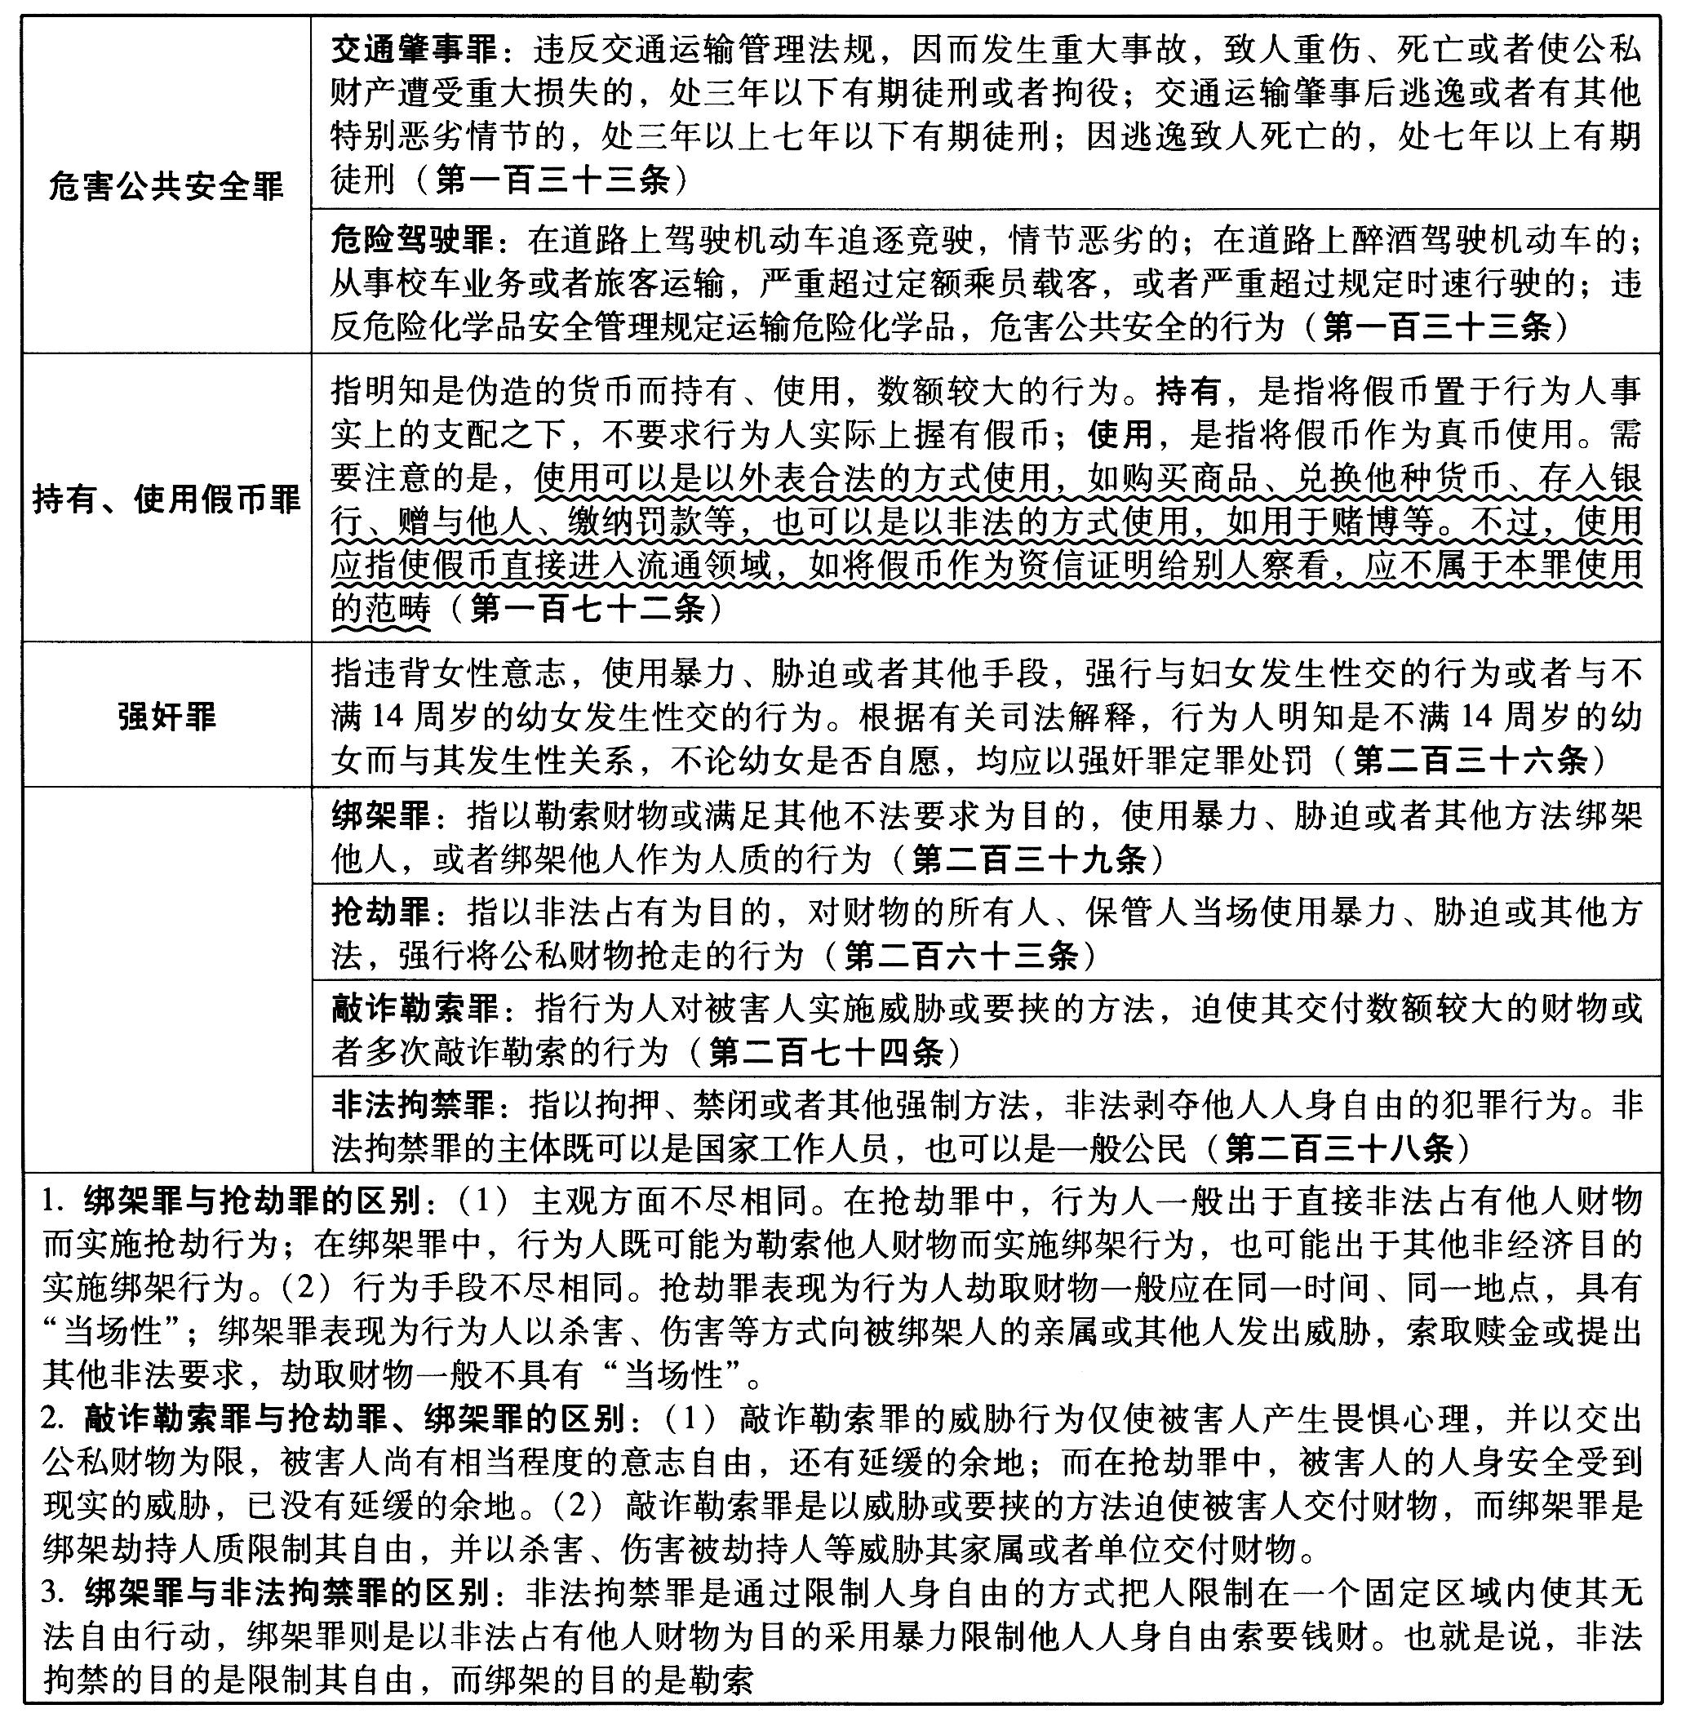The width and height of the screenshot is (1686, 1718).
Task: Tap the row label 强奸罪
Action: pyautogui.click(x=166, y=717)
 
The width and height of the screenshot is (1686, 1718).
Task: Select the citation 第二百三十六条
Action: pyautogui.click(x=1469, y=760)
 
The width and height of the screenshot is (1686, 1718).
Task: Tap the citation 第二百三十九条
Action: pyautogui.click(x=1028, y=859)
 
